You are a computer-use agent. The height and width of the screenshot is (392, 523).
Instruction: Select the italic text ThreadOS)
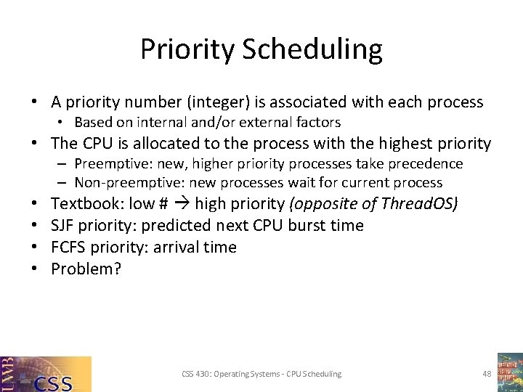click(x=420, y=204)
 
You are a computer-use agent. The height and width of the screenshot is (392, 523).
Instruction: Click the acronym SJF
click(x=64, y=226)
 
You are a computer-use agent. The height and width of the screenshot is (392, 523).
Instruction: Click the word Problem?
click(x=86, y=269)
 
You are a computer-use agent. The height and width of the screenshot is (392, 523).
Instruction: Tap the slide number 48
click(x=487, y=374)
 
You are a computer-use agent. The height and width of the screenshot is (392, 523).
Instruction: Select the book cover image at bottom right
click(x=509, y=372)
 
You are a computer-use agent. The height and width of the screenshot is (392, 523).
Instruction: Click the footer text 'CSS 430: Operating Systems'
click(x=233, y=374)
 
